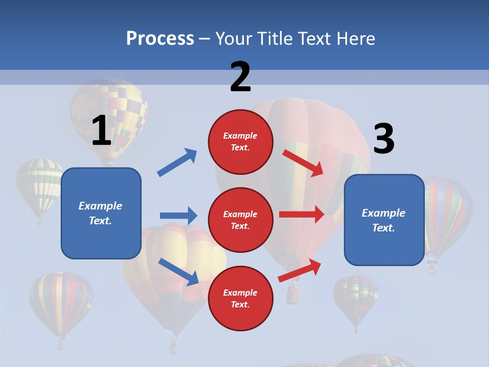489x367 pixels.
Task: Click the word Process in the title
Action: point(160,38)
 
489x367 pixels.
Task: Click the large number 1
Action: point(101,130)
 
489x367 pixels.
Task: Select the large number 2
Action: point(240,77)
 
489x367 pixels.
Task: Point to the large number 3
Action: point(384,139)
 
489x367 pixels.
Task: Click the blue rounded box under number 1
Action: point(101,213)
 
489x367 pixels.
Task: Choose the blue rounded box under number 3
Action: point(384,220)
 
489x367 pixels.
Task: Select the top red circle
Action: point(240,141)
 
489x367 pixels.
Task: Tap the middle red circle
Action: point(240,220)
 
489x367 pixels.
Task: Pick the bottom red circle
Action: point(240,298)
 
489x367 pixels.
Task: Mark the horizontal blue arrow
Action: point(178,216)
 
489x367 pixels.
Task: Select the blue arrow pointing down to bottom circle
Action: point(178,272)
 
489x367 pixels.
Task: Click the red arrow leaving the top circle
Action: point(303,163)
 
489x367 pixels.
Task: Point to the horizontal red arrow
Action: point(302,215)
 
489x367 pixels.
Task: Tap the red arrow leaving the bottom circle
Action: point(300,271)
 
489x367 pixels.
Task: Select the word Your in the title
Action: point(233,38)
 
